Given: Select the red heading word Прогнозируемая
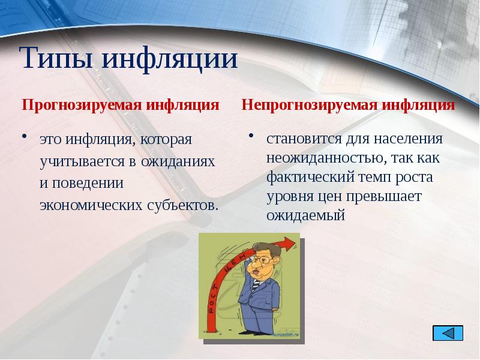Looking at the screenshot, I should (79, 106).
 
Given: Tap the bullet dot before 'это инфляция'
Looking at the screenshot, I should (26, 137).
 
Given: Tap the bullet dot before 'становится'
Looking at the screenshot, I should (253, 137).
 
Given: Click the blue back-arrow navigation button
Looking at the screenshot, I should (447, 333).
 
